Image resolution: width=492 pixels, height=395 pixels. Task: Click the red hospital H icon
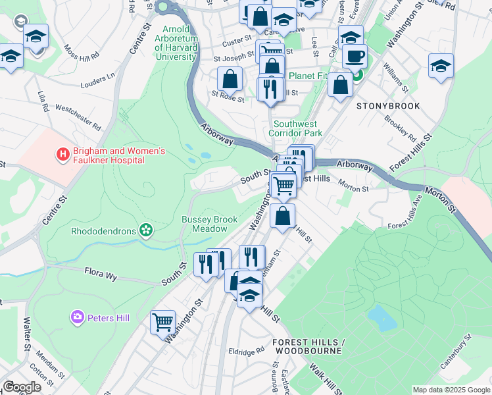pyautogui.click(x=63, y=155)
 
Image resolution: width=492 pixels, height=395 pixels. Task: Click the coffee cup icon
pyautogui.click(x=355, y=56)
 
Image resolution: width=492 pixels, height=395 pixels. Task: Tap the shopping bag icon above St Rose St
pyautogui.click(x=230, y=78)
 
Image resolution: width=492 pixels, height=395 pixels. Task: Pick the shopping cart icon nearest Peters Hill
pyautogui.click(x=162, y=323)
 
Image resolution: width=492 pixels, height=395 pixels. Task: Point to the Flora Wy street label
pyautogui.click(x=101, y=273)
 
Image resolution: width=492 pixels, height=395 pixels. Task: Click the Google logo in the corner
pyautogui.click(x=22, y=387)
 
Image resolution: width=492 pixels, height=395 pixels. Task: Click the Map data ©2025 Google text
pyautogui.click(x=451, y=390)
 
